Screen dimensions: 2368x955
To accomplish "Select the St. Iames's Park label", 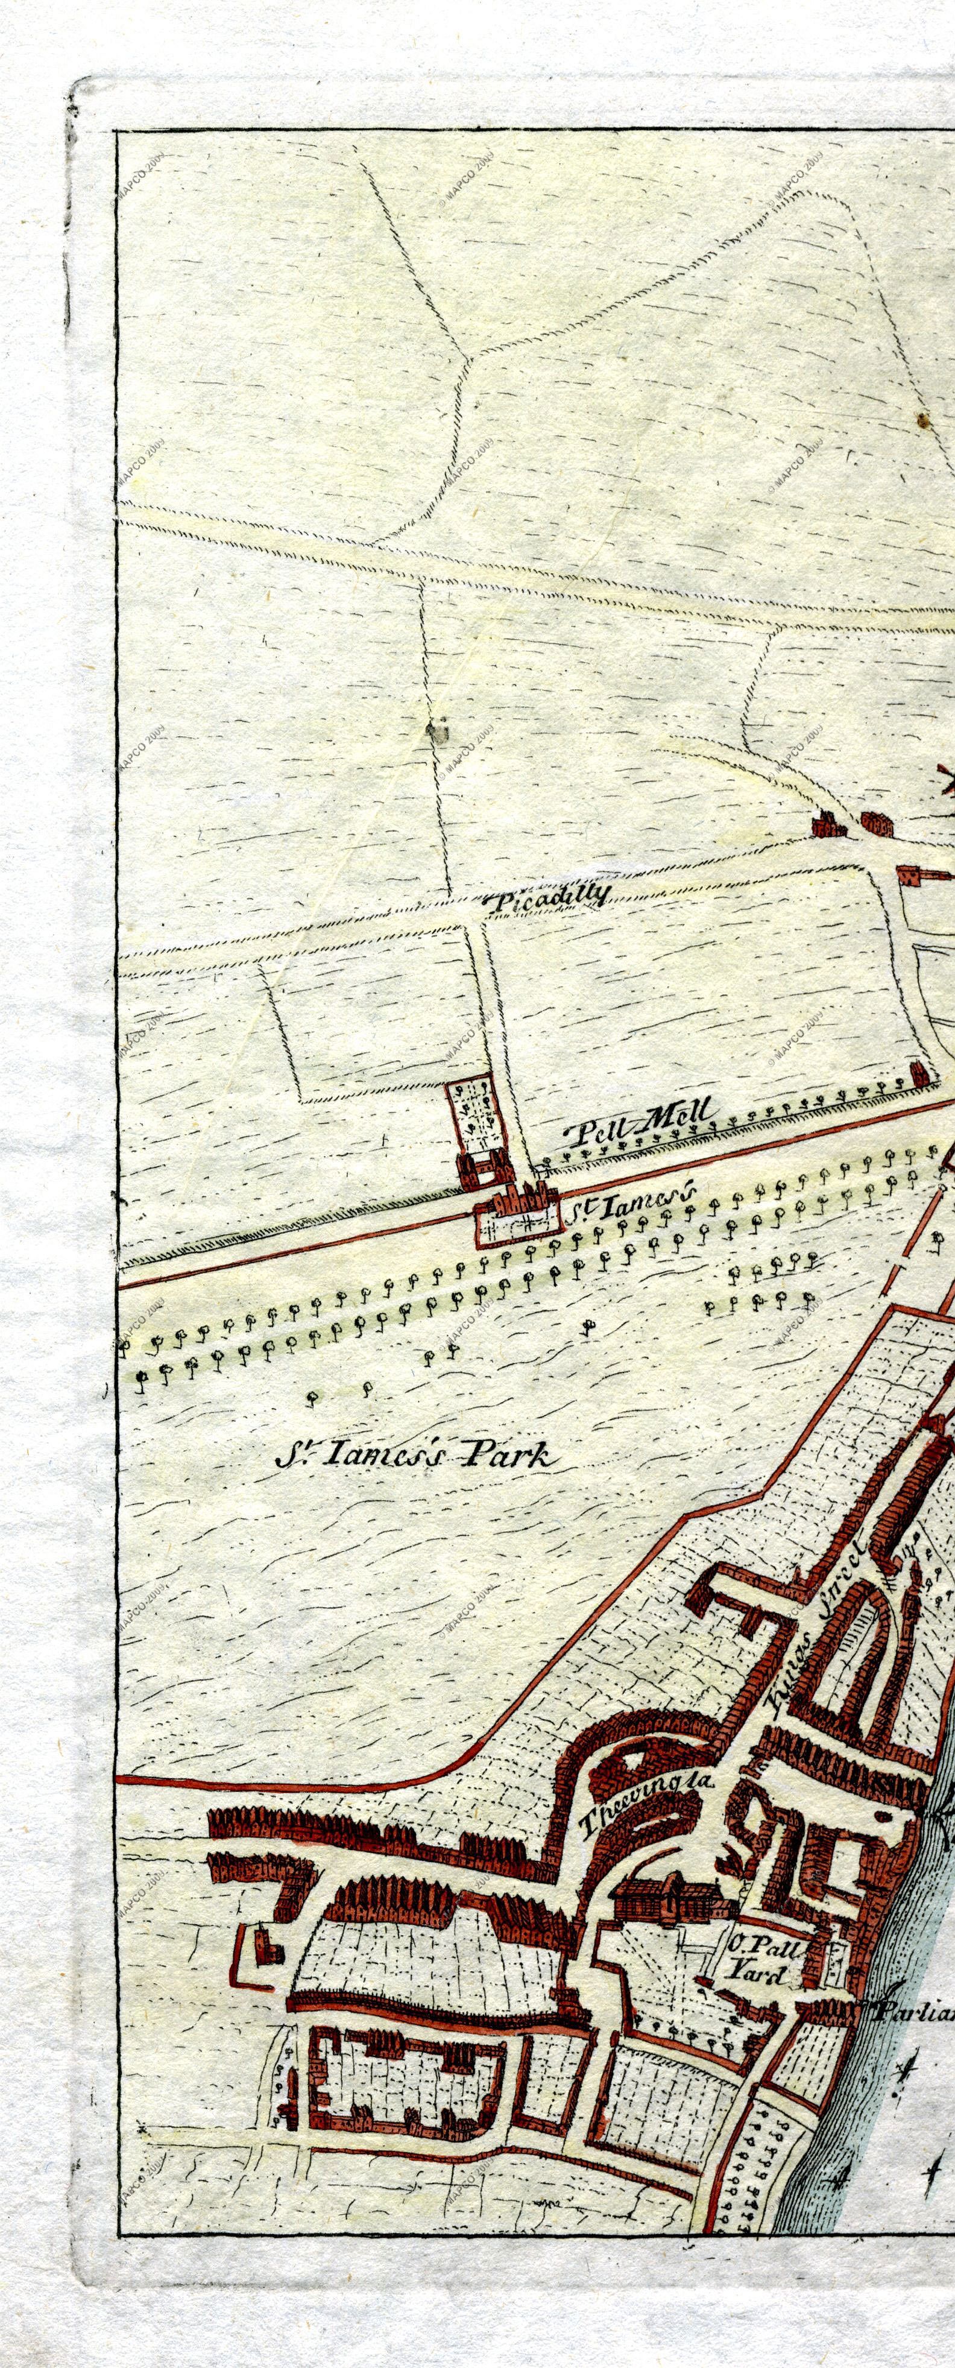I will (415, 1453).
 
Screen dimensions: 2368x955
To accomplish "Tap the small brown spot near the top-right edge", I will (921, 420).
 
